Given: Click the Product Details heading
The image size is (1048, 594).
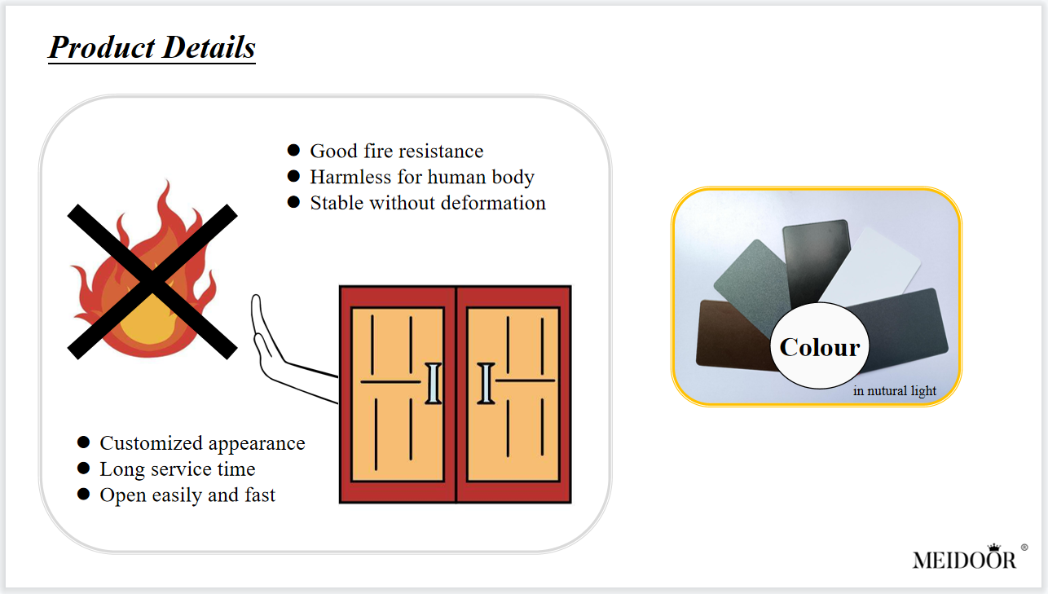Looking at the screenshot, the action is pyautogui.click(x=152, y=48).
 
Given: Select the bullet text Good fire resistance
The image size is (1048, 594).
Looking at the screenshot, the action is pyautogui.click(x=397, y=151).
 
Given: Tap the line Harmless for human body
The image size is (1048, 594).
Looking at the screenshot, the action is pyautogui.click(x=422, y=178).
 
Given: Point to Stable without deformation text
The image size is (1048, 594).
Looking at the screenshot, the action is pyautogui.click(x=428, y=203).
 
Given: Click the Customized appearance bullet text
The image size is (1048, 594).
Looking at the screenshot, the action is pyautogui.click(x=202, y=444).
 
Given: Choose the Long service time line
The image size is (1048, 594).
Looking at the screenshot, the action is pyautogui.click(x=178, y=469).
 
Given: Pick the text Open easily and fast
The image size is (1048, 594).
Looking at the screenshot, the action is pyautogui.click(x=187, y=495).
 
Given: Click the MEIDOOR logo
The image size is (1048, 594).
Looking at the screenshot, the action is pyautogui.click(x=964, y=560).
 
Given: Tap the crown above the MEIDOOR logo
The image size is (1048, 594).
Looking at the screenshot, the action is pyautogui.click(x=993, y=548).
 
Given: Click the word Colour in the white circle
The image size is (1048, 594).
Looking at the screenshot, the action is pyautogui.click(x=820, y=347).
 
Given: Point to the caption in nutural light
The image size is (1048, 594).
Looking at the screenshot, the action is pyautogui.click(x=895, y=390).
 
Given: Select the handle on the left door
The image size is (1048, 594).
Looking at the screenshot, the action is pyautogui.click(x=434, y=384).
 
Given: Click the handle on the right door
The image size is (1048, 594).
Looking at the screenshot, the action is pyautogui.click(x=486, y=384).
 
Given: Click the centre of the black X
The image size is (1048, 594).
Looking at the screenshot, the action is pyautogui.click(x=152, y=282).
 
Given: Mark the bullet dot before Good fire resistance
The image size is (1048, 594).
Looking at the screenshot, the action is pyautogui.click(x=293, y=150).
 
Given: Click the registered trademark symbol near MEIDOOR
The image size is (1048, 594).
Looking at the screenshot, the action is pyautogui.click(x=1024, y=548).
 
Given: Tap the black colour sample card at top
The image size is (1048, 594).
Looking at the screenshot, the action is pyautogui.click(x=817, y=262).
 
